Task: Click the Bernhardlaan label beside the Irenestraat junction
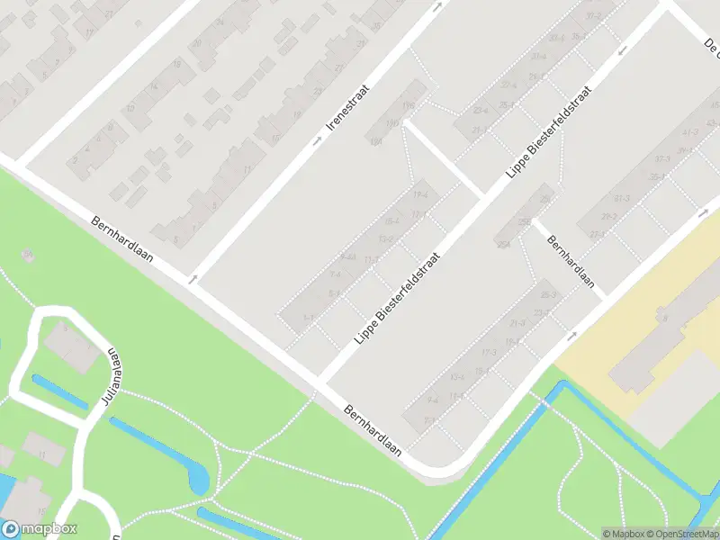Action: click(x=122, y=238)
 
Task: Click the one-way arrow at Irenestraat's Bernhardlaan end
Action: click(x=192, y=280)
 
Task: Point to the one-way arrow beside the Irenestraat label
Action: click(x=317, y=141)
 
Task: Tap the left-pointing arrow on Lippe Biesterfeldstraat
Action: click(x=623, y=49)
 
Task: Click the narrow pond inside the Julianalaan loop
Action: click(x=59, y=392)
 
